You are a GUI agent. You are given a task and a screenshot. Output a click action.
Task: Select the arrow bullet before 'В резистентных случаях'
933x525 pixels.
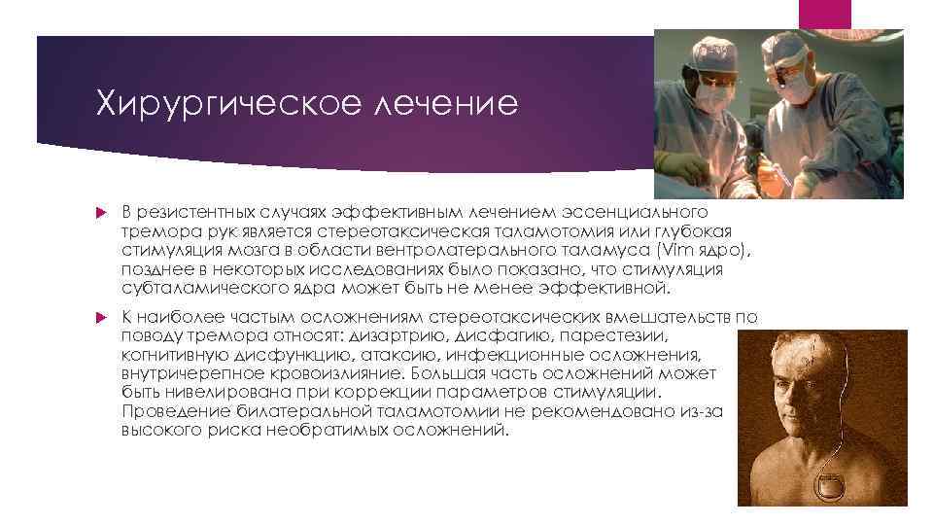[x=101, y=212]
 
